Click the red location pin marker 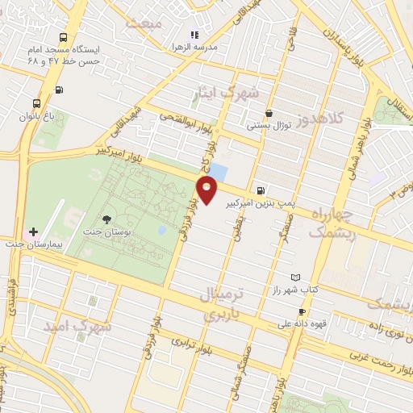coord(207,190)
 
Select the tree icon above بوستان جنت coord(107,219)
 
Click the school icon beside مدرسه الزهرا coord(193,35)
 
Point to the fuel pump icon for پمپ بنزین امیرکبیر coord(257,183)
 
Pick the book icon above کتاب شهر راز coord(294,277)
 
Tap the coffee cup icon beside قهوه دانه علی coord(302,312)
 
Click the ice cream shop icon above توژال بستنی coord(269,114)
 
